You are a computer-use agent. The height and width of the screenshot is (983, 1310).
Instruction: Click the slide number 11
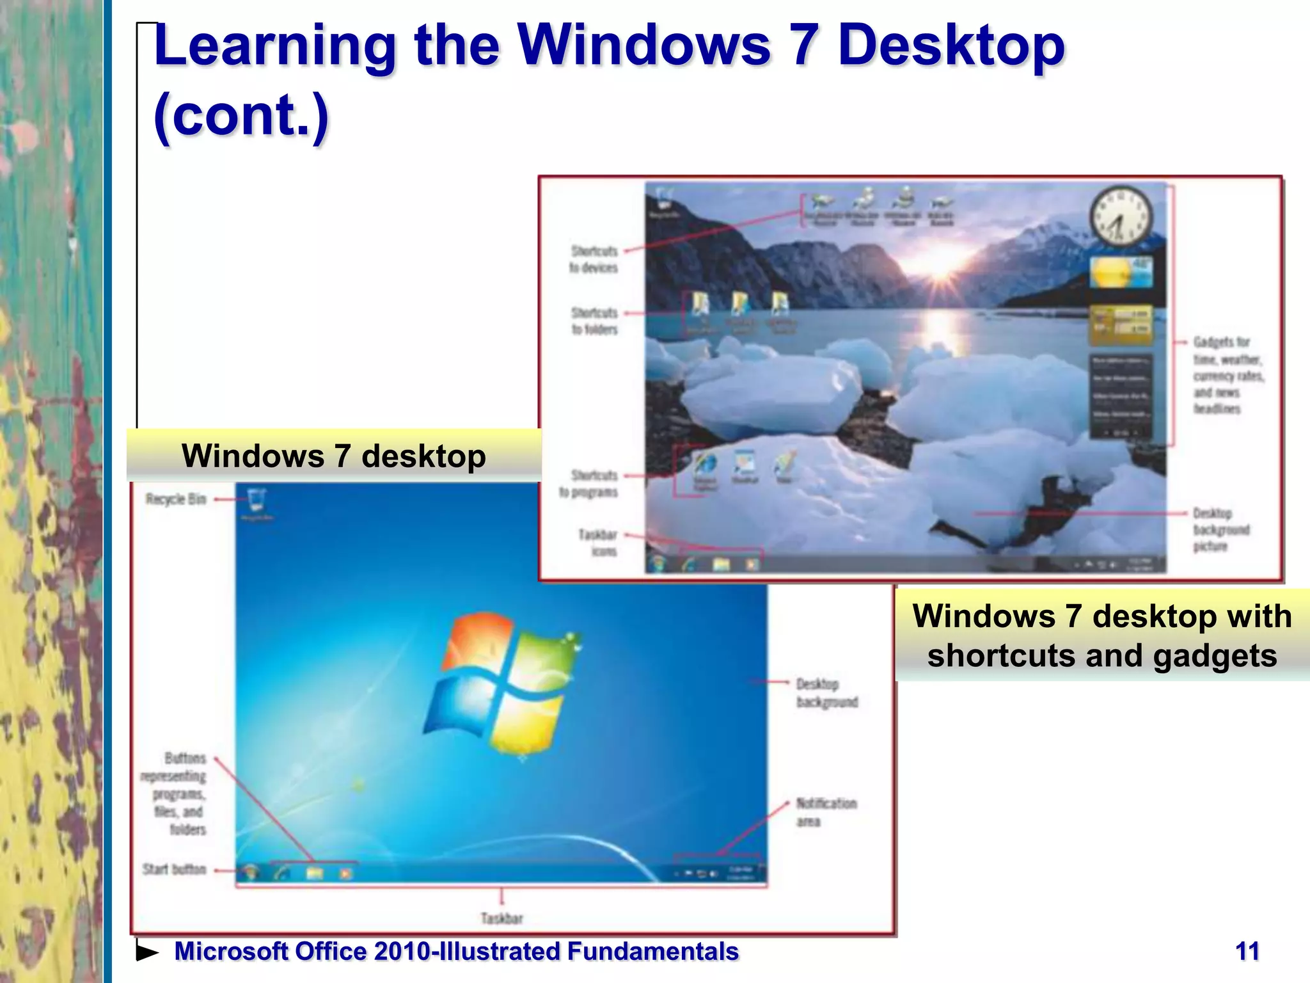[1247, 951]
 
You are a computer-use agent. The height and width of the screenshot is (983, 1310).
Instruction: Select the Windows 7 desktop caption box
[333, 456]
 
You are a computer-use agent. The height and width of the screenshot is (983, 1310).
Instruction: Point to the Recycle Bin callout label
[175, 499]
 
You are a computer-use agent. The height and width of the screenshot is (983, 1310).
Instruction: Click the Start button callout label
[174, 869]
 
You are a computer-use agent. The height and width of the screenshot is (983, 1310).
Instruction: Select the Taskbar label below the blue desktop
[501, 918]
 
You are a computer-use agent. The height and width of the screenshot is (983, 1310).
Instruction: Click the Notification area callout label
[825, 811]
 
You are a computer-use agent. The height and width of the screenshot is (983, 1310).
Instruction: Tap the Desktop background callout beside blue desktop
[826, 692]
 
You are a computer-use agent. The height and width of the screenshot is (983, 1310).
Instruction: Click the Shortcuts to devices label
[594, 259]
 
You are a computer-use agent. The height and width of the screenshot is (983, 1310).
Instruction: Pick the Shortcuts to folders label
[594, 321]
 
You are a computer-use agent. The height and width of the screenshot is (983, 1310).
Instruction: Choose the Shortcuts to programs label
[589, 483]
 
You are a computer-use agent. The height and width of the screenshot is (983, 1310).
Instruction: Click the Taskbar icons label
[597, 542]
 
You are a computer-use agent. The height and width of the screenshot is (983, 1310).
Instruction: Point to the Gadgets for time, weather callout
[1227, 375]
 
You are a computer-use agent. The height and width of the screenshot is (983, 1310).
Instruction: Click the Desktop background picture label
[1220, 529]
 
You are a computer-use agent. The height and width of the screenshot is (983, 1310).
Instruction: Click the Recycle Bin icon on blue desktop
[256, 500]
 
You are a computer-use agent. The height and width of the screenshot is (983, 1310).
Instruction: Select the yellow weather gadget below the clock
[1120, 273]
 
